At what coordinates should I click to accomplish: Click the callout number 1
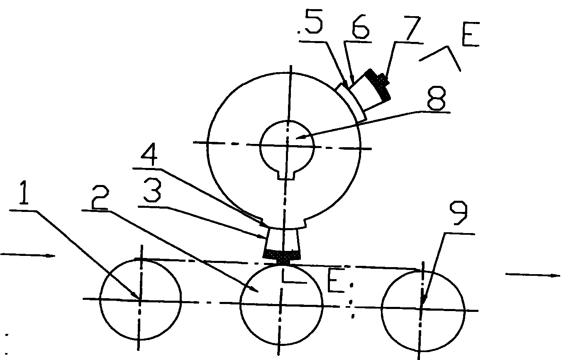(24, 192)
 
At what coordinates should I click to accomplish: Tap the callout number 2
(100, 197)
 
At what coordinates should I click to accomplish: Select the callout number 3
(152, 190)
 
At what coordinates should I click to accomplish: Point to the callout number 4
(149, 154)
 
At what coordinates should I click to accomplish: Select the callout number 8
(436, 98)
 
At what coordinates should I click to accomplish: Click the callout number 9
(458, 213)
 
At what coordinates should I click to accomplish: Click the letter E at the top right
(471, 34)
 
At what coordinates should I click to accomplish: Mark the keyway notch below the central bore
(286, 175)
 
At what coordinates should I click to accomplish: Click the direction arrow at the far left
(28, 255)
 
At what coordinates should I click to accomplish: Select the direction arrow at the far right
(533, 275)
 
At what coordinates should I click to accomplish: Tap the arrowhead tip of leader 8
(296, 138)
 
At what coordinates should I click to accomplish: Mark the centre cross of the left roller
(140, 300)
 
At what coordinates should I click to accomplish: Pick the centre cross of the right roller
(421, 309)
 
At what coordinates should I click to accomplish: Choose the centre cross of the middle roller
(280, 304)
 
